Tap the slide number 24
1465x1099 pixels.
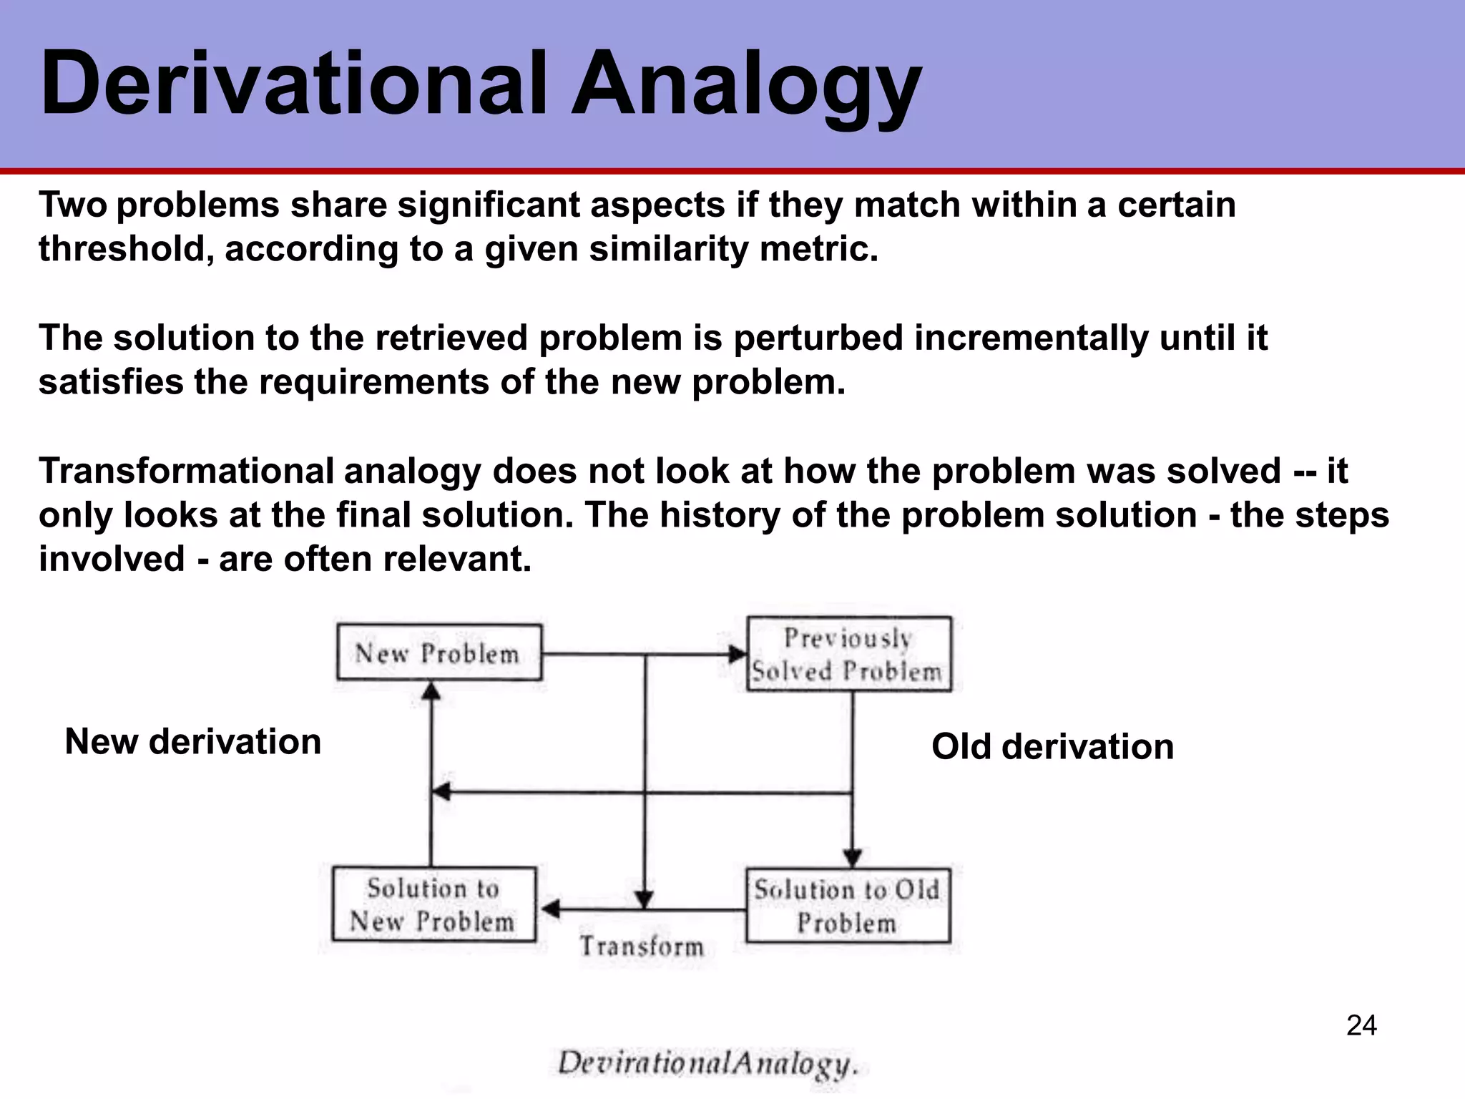(x=1361, y=1026)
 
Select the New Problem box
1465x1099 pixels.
(x=439, y=653)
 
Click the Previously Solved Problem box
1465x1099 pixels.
(x=849, y=654)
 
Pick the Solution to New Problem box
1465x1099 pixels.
(x=433, y=904)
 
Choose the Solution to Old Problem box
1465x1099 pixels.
(x=848, y=906)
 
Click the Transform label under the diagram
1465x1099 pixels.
(x=642, y=947)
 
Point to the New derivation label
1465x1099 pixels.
(x=193, y=741)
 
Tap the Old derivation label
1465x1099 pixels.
(x=1052, y=746)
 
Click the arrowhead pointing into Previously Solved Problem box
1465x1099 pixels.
(x=737, y=653)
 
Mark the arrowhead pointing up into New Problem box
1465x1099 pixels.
(x=431, y=690)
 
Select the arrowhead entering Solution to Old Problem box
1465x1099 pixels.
(x=852, y=857)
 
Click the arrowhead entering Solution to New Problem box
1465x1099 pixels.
(x=550, y=909)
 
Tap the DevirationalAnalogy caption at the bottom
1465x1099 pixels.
(x=707, y=1063)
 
